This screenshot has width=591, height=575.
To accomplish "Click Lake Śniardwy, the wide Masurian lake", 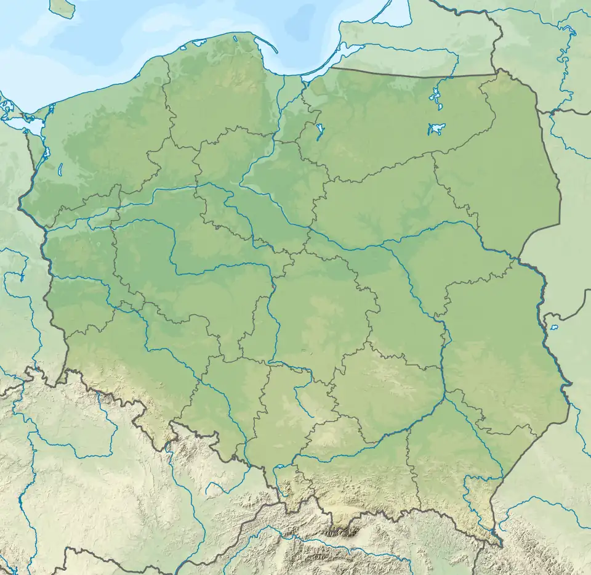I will (x=436, y=129).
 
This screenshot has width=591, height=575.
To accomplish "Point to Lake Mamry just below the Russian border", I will (x=435, y=96).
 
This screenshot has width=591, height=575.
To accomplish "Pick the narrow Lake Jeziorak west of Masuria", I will (x=320, y=131).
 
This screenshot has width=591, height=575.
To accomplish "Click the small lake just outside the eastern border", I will (x=553, y=327).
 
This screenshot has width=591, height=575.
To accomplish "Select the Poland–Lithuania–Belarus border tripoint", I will (x=539, y=112).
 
